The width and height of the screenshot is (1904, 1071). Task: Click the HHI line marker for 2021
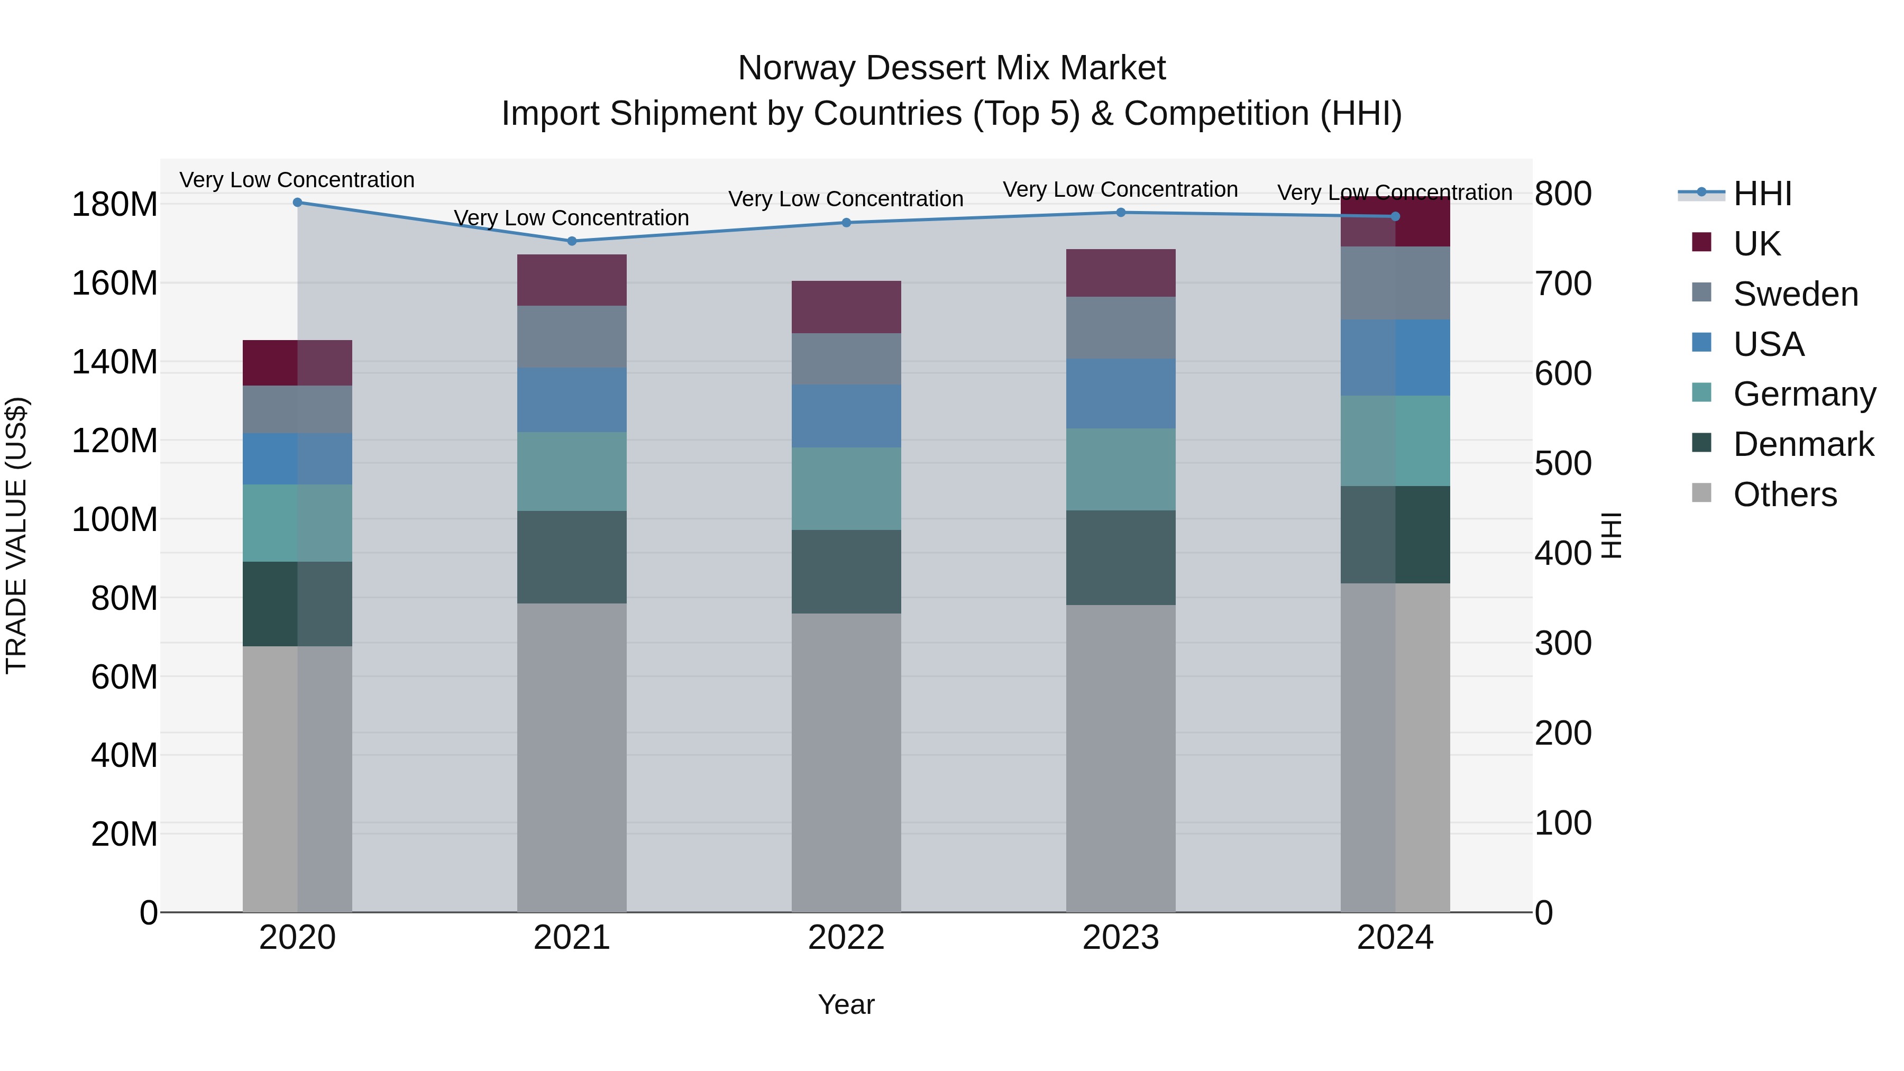point(571,241)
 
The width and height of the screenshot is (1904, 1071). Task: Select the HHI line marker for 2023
point(1121,213)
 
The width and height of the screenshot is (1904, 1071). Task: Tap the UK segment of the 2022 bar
point(846,307)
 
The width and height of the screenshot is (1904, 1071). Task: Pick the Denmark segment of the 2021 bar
point(571,557)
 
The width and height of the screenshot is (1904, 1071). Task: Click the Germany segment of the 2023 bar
point(1121,469)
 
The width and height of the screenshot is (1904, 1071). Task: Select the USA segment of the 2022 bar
point(846,415)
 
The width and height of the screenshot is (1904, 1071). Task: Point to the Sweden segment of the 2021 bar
point(571,336)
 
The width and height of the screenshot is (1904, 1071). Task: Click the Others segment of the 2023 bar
point(1121,757)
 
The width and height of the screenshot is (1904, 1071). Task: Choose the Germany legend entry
point(1804,394)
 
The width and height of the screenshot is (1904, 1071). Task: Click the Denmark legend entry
point(1803,444)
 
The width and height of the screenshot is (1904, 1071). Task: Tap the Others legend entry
point(1784,495)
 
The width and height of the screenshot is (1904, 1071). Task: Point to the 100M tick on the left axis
point(115,519)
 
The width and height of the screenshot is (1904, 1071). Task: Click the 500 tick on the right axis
point(1562,463)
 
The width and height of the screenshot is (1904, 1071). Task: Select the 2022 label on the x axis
point(846,938)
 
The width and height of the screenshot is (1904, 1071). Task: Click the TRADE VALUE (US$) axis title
point(16,535)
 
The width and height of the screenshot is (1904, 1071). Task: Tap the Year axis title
point(846,1004)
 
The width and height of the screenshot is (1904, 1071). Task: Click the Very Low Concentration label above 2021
point(571,218)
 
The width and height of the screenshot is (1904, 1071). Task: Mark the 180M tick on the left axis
point(115,205)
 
